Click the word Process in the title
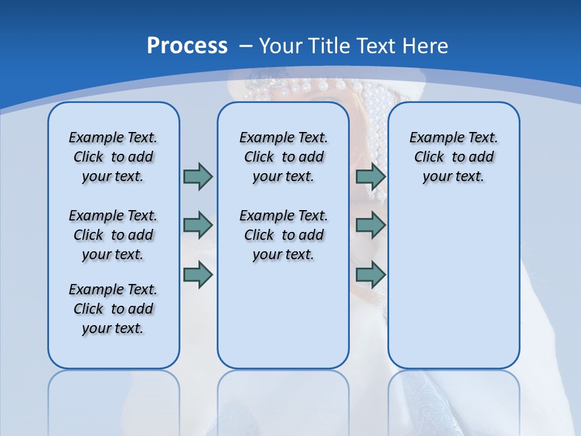(x=187, y=45)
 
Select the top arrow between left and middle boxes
(x=198, y=176)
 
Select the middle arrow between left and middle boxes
(x=198, y=225)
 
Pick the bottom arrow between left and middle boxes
(x=198, y=276)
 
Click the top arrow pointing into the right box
(x=370, y=176)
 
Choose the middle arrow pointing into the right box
(x=370, y=225)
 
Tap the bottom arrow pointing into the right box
(x=370, y=276)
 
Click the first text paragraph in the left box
(x=113, y=157)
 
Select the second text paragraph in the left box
(x=113, y=235)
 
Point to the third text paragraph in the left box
(x=113, y=309)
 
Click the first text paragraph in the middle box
(x=284, y=157)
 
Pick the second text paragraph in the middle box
(x=284, y=235)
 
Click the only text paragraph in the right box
(x=454, y=157)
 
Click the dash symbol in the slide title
(x=246, y=46)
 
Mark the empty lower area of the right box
(x=454, y=285)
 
